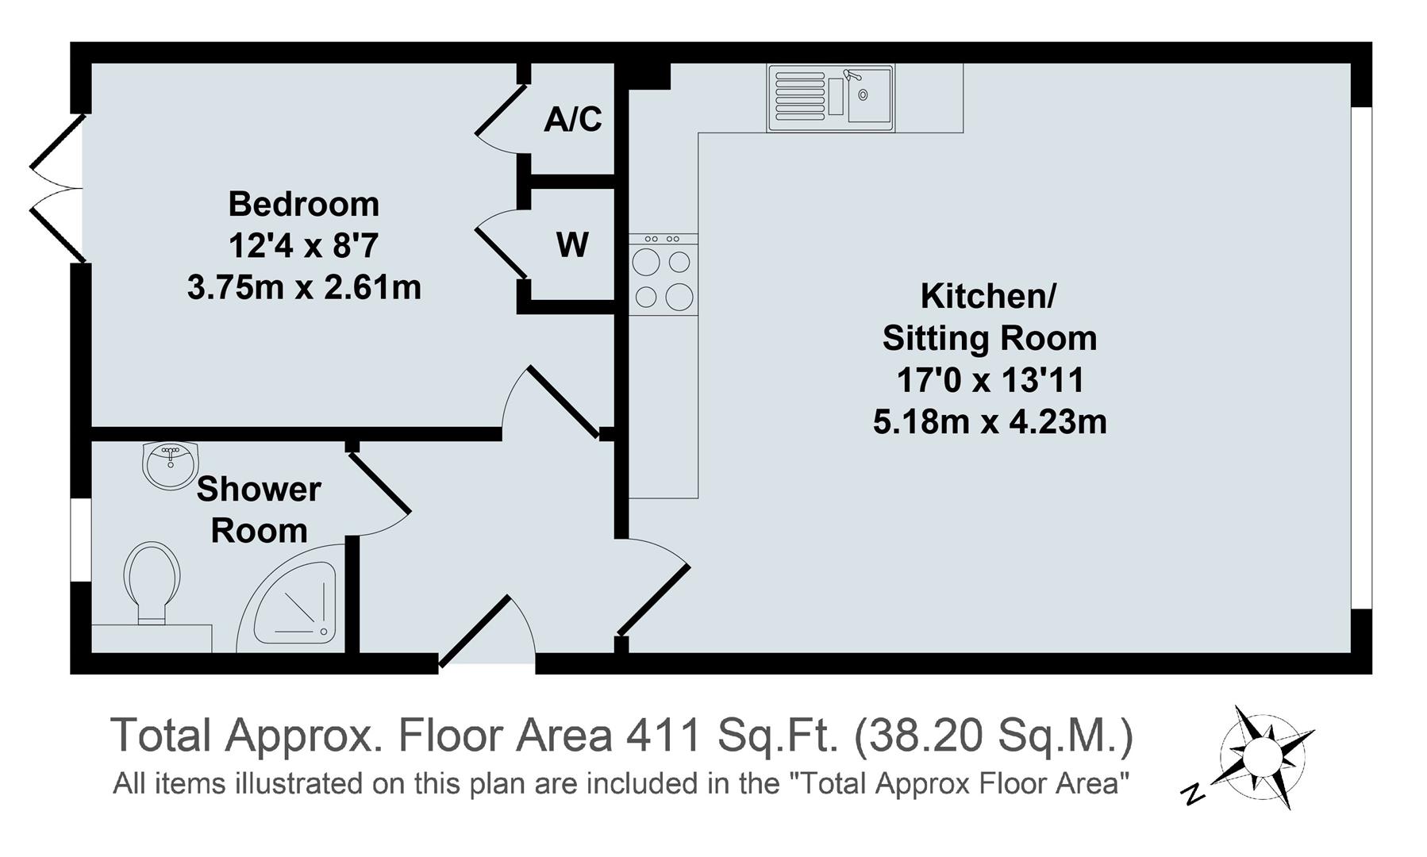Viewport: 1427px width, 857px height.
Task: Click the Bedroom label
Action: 304,205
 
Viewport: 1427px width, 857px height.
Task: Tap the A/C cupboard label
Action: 572,119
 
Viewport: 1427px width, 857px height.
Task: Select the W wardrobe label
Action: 572,244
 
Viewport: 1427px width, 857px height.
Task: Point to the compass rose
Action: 1262,753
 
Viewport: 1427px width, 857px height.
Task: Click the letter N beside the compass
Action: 1193,794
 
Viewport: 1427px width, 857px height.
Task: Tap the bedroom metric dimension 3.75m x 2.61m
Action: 304,287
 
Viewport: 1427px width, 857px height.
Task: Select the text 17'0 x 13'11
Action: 990,381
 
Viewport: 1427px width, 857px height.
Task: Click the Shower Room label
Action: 259,509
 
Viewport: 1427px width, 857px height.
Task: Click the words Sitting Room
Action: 990,339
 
